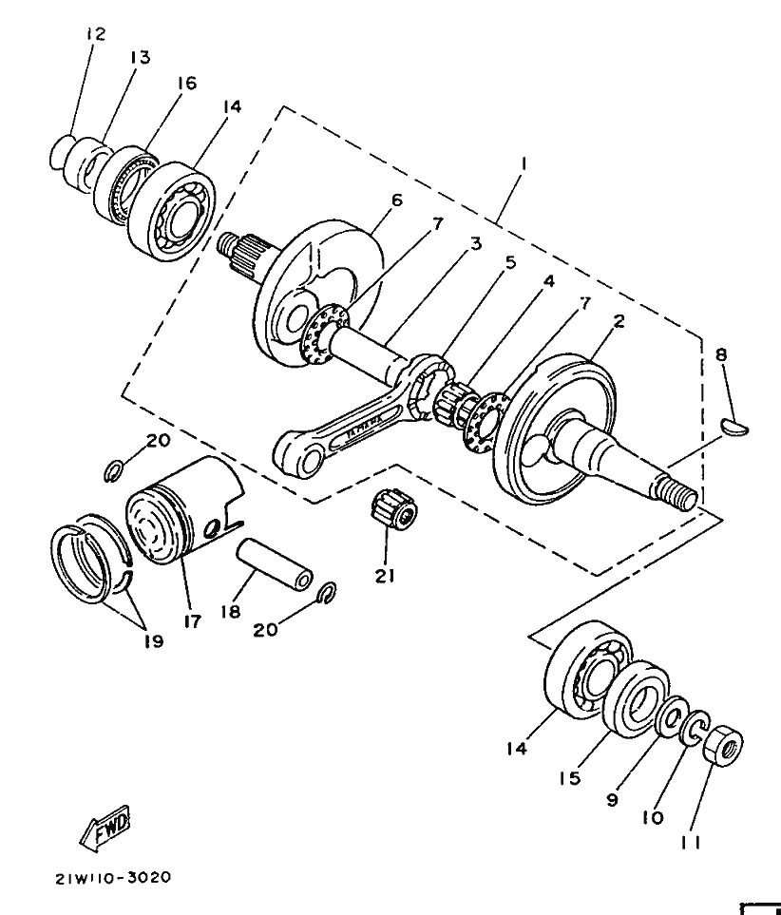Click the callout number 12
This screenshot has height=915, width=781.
[x=95, y=34]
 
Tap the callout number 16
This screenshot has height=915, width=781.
[x=185, y=84]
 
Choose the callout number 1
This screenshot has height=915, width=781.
[x=524, y=162]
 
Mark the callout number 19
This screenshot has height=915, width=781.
[x=154, y=640]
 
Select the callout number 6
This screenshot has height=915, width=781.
[x=396, y=200]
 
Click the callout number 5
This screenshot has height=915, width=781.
[x=510, y=261]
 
